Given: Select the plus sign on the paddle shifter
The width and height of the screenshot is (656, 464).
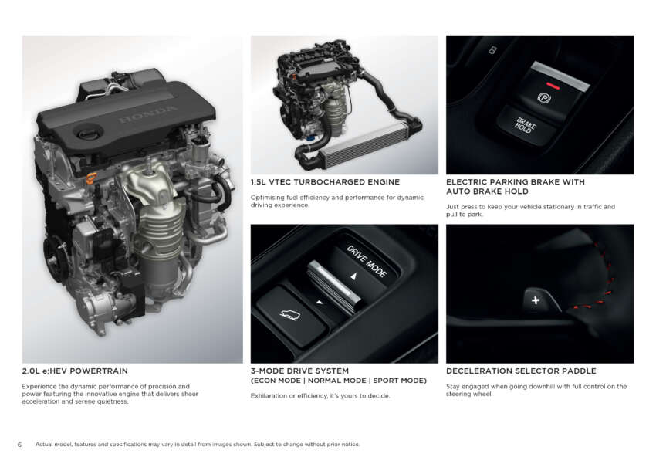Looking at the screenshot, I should pos(536,300).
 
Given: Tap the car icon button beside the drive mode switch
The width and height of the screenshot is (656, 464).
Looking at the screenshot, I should pos(291,314).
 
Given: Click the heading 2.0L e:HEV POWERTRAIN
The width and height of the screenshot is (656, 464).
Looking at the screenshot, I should pos(75,371).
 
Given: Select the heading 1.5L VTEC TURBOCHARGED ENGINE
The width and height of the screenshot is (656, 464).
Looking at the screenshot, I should pos(325,182).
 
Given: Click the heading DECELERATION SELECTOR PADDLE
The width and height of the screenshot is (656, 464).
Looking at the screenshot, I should pos(521,371).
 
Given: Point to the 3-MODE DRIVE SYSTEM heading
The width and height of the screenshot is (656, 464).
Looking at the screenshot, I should pos(299,371).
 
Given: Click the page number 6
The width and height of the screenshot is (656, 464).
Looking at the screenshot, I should pos(19,445).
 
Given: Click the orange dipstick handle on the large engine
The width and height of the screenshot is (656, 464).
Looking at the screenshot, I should pos(91,178).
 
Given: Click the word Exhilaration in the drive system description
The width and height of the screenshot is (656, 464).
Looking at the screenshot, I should pos(269,396).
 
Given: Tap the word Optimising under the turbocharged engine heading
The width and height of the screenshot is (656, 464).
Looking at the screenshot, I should pos(268,198).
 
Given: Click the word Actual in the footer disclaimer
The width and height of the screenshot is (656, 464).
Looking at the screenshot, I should pos(43,445).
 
